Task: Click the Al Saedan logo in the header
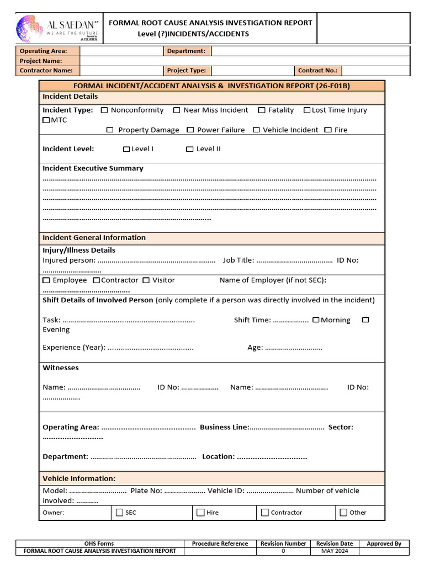[x=57, y=29]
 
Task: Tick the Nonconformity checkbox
[x=104, y=110]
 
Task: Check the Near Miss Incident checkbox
[x=177, y=110]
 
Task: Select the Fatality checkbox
[x=262, y=110]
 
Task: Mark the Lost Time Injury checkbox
[x=307, y=110]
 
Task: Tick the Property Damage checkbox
[x=110, y=130]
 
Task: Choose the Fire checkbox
[x=328, y=130]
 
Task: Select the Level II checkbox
[x=190, y=149]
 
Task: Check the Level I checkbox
[x=126, y=149]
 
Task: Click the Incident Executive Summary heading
[x=93, y=168]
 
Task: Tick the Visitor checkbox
[x=146, y=280]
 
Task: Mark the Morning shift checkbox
[x=316, y=320]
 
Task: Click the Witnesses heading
[x=61, y=368]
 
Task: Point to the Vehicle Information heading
[x=79, y=478]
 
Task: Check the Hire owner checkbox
[x=200, y=513]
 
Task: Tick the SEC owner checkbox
[x=120, y=513]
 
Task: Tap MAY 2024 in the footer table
[x=335, y=551]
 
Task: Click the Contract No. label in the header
[x=317, y=71]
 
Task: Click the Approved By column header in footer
[x=384, y=543]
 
